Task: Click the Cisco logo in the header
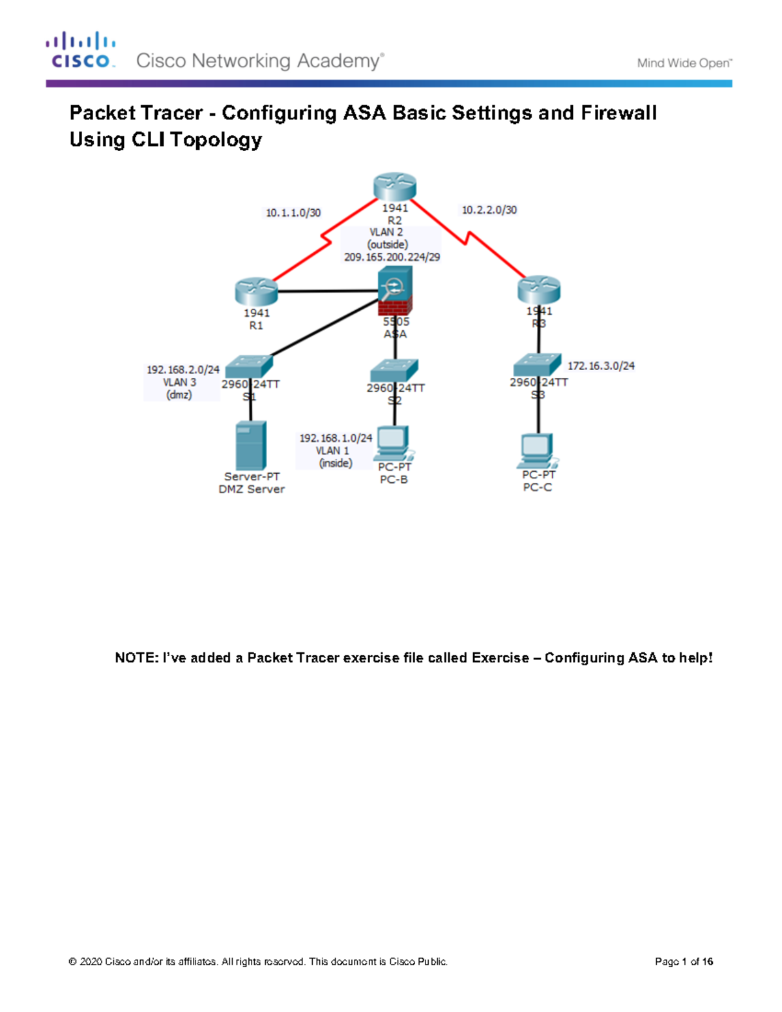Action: [x=80, y=51]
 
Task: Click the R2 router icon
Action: [x=395, y=187]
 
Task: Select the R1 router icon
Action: [x=257, y=291]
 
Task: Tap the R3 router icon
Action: [x=539, y=289]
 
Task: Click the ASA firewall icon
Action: [x=395, y=291]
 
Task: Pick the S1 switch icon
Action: [x=249, y=366]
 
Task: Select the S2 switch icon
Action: [x=394, y=371]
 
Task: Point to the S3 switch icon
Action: [x=537, y=364]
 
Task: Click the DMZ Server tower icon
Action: [x=251, y=446]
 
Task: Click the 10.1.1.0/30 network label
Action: [x=293, y=213]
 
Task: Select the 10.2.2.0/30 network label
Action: [x=489, y=210]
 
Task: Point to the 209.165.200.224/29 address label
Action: [x=392, y=257]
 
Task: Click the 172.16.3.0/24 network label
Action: [x=601, y=366]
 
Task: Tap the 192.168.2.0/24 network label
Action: [x=182, y=369]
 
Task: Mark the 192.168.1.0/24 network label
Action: [x=336, y=438]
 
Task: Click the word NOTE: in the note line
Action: [x=136, y=658]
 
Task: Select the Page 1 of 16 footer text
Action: [x=684, y=961]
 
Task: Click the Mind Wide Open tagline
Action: [x=684, y=63]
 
